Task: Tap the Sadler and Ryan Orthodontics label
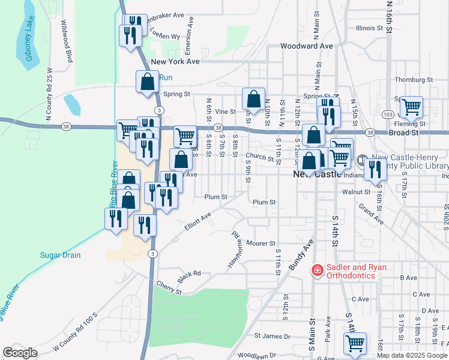point(351,271)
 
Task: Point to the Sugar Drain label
point(60,255)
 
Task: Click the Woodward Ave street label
point(306,46)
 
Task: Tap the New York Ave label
point(175,61)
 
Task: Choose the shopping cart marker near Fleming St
point(412,107)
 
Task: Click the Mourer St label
point(260,243)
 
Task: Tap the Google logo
point(20,353)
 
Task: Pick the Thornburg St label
point(414,79)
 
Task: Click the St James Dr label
point(272,337)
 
